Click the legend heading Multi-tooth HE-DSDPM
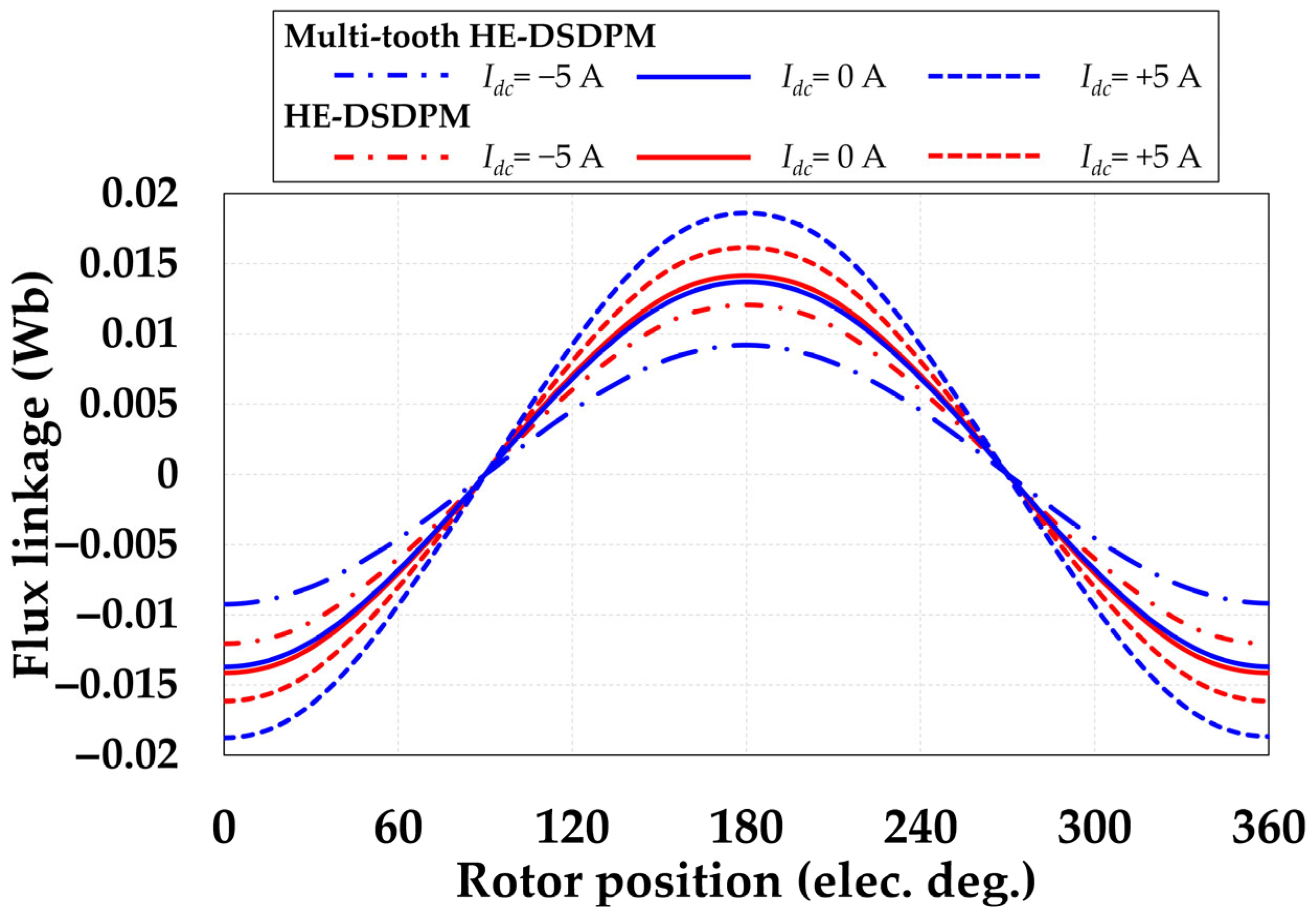click(470, 38)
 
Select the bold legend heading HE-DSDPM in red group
click(376, 117)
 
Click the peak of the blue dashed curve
click(746, 213)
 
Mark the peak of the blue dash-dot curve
click(746, 345)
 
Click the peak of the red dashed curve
click(746, 247)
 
